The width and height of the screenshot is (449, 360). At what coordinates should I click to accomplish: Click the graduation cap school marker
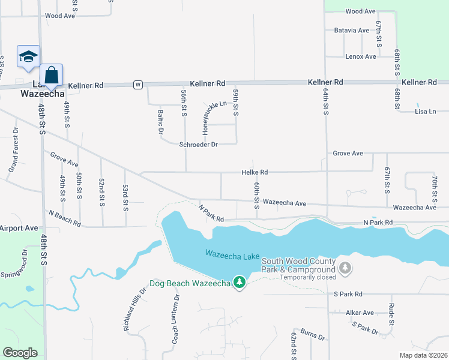coord(28,57)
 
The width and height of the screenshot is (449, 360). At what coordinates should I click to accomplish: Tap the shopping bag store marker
coord(52,76)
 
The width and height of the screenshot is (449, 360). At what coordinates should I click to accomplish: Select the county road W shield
coord(138,85)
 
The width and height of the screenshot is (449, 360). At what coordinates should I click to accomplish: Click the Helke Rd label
coord(254,172)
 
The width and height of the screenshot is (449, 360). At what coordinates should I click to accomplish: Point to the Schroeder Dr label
coord(198,145)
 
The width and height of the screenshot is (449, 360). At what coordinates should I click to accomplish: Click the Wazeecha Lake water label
coord(232,254)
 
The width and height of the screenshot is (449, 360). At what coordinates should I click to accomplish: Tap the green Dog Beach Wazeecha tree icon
coord(240,282)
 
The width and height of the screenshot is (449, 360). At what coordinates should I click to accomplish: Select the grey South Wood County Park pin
coord(345,268)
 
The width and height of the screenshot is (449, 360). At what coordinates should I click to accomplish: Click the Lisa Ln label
coord(425,112)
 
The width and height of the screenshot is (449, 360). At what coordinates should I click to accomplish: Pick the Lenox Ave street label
coord(360,56)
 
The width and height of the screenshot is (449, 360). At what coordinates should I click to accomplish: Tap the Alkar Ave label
coord(360,313)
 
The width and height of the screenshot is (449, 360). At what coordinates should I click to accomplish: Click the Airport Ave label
coord(19,229)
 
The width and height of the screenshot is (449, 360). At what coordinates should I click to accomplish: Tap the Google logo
coord(20,353)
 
